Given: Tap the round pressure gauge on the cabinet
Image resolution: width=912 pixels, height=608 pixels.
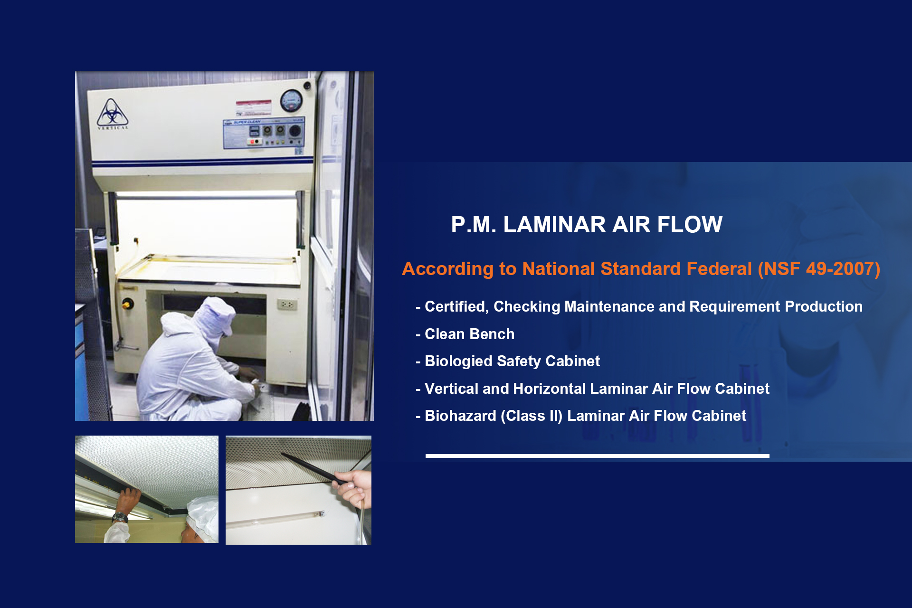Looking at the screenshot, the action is (x=291, y=100).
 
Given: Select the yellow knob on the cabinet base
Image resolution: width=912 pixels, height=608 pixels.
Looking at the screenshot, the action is (x=127, y=304).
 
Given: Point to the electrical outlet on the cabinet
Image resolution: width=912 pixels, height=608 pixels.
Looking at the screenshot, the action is (x=287, y=304).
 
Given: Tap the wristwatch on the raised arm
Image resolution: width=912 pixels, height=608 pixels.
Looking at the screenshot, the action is (x=120, y=517).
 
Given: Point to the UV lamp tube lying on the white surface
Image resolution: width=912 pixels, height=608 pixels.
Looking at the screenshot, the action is (x=275, y=519).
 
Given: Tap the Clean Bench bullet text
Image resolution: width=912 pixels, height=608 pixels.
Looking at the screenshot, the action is (x=469, y=334).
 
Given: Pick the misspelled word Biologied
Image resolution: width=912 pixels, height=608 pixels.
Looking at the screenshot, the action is (x=458, y=361).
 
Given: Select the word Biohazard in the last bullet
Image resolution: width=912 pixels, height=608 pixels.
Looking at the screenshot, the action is (x=460, y=416).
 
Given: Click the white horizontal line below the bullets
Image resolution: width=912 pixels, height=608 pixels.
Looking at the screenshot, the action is (x=598, y=456).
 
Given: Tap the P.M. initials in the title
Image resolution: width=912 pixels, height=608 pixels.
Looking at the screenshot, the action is (x=474, y=225).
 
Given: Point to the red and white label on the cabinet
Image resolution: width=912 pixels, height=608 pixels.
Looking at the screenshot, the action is (x=254, y=107).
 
